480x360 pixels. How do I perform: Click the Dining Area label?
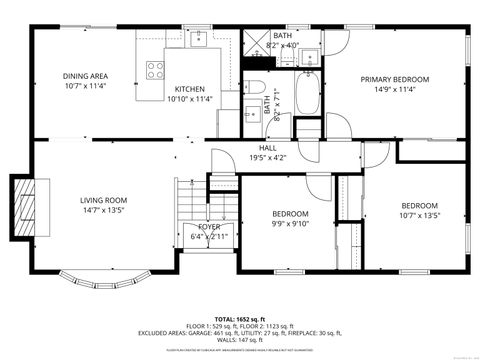[85, 76]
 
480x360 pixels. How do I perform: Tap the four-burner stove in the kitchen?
[156, 70]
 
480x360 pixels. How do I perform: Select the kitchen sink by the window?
[200, 38]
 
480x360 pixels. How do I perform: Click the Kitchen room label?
[189, 88]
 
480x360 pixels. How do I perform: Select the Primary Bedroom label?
[395, 79]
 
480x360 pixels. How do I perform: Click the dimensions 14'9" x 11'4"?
[395, 89]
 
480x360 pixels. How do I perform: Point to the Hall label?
[268, 147]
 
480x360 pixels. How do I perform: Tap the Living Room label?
[104, 201]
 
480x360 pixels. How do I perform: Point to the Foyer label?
[209, 227]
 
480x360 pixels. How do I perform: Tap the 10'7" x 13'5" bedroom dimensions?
[419, 215]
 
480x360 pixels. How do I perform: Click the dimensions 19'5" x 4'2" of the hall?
[268, 157]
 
